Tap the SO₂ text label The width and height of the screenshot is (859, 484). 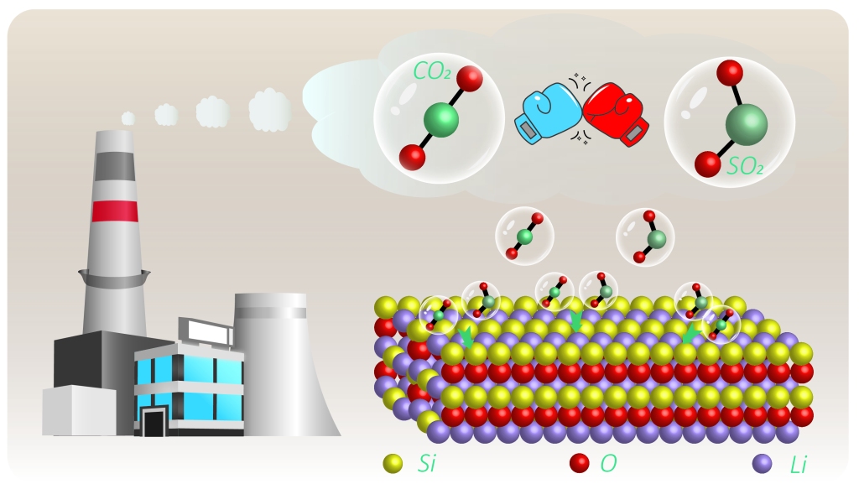pos(745,167)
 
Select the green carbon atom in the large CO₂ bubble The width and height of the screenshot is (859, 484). pos(440,120)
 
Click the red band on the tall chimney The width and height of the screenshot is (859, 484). pos(116,211)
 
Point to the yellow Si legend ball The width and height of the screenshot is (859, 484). pos(393,462)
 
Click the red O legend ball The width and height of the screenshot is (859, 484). pos(580,462)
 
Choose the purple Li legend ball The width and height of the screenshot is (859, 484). pos(763,462)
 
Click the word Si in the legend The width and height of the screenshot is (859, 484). pos(425,462)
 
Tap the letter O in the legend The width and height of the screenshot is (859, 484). pos(609,462)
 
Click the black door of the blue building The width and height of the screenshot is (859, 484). pos(153,421)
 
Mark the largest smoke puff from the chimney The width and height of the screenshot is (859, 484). pos(269,109)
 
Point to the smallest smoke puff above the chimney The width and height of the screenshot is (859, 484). pos(128,118)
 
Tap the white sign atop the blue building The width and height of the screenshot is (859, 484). pos(205,331)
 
